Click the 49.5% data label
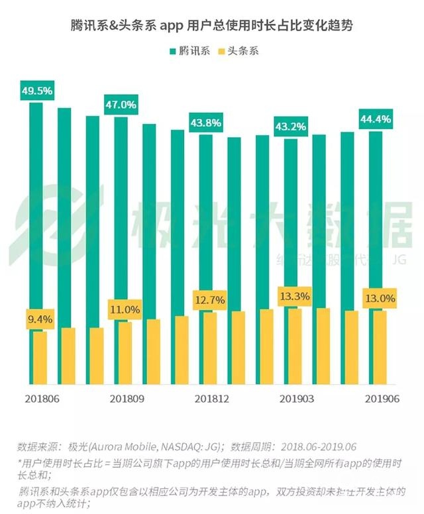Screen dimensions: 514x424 point(36,91)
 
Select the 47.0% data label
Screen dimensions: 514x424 point(121,105)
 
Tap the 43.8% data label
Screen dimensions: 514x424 point(205,123)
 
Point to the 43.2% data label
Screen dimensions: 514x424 point(291,126)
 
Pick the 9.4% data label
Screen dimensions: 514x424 point(39,320)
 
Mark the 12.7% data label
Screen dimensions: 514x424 point(209,301)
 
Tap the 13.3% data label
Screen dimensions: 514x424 point(294,296)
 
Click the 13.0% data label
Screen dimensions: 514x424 point(379,299)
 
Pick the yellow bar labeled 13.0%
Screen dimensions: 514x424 point(380,348)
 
